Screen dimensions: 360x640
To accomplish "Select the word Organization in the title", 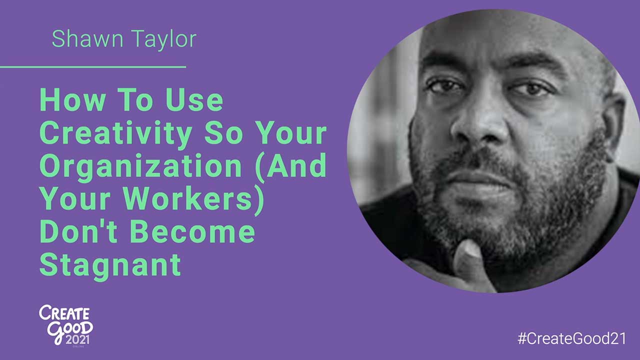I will point(140,167).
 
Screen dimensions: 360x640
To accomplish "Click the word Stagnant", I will point(110,265).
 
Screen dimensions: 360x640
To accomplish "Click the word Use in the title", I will point(196,101).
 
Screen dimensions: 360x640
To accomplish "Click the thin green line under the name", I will point(93,66).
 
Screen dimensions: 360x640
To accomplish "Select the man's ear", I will point(613,125).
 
